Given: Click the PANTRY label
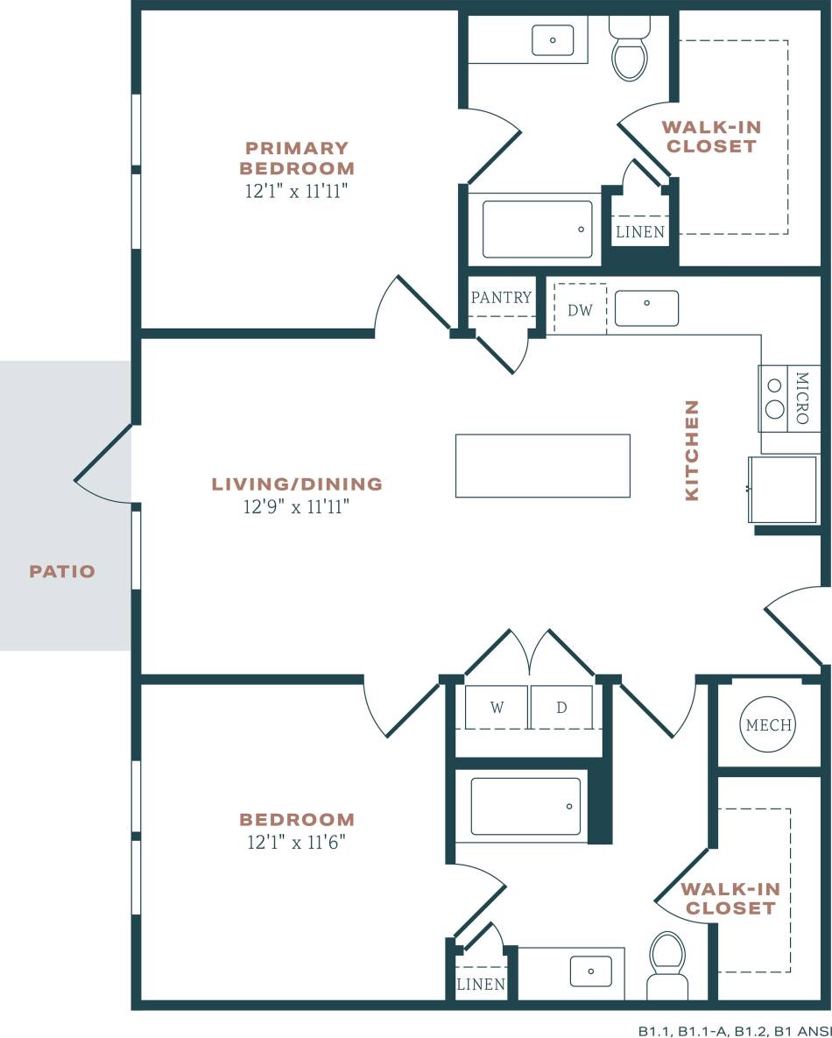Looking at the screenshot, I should pos(501,298).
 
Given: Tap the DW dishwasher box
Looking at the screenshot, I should pos(580,309).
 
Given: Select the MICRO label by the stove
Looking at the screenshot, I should pos(801,396).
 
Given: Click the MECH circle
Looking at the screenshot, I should pos(768,725).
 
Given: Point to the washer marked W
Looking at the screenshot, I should pos(497,708).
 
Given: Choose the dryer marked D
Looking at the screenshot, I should pos(561,708).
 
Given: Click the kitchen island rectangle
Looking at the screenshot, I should pos(542,465).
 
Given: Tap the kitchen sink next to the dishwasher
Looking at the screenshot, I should pos(646,307).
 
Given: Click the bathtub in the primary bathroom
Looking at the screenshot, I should pos(537,229).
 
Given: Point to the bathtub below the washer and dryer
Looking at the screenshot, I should pos(525,806).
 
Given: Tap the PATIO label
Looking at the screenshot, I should pos(62,572).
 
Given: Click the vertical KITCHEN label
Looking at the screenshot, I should pos(692,450).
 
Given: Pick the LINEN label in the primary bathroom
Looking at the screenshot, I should pos(640,233).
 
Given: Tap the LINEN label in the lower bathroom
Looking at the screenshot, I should pos(481,985).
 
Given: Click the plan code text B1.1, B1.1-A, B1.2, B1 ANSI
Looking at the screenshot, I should pos(734,1030).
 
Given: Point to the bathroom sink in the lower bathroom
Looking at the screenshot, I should pos(590,971).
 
